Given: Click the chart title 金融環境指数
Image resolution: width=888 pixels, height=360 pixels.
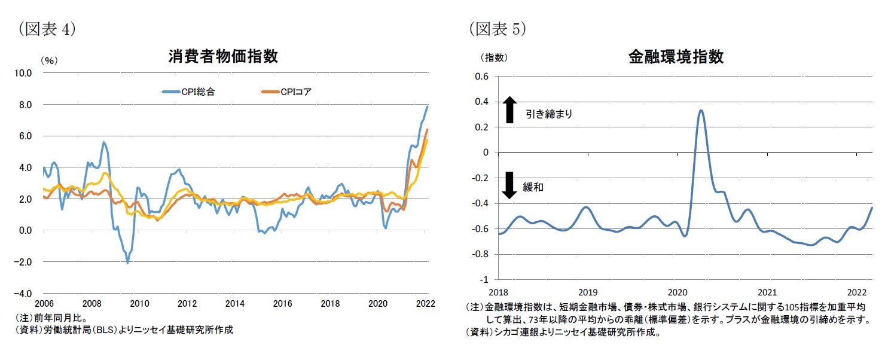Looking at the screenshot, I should coord(676,57).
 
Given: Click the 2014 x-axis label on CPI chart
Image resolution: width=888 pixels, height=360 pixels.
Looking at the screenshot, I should coord(235,304).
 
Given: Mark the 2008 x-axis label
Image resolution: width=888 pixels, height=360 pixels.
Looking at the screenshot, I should coord(91,304).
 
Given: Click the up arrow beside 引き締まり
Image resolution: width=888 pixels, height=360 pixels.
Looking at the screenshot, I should coord(509,111).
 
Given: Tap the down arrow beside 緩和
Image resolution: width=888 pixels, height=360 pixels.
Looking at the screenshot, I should coord(509,185).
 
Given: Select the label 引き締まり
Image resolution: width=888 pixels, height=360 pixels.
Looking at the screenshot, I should coord(549,114).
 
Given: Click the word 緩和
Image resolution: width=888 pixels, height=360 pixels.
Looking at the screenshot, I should coord(535,187).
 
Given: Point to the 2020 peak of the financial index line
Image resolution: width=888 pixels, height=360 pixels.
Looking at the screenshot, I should coord(701,111).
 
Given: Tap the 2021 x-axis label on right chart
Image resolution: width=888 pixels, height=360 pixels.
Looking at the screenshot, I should coord(767,292).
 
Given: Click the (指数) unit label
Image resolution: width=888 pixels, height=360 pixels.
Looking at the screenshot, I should coord(494,57).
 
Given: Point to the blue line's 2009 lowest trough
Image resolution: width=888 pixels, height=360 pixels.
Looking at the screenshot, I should coord(127,263).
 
